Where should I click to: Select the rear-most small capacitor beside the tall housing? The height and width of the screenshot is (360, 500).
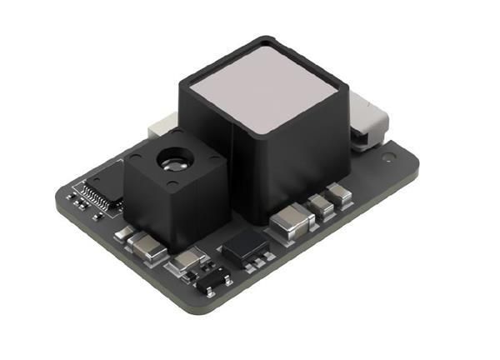[338, 195]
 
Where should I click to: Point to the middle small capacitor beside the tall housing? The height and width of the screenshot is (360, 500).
[319, 206]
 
